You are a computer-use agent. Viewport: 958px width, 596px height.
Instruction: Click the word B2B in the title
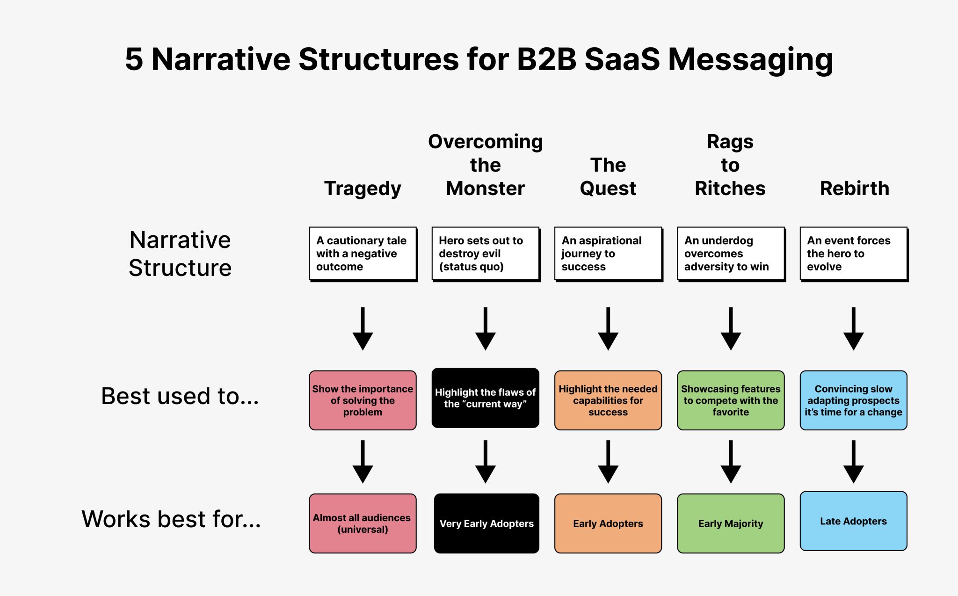point(546,60)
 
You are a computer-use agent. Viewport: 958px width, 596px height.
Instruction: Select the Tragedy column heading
point(363,189)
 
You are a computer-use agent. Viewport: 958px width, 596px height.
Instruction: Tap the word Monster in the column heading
point(485,189)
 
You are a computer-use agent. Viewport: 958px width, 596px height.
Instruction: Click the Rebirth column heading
point(854,189)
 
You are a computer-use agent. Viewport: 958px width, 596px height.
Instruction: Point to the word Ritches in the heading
point(730,189)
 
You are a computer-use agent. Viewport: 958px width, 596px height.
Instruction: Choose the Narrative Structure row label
point(180,254)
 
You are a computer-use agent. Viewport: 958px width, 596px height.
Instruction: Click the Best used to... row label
point(180,396)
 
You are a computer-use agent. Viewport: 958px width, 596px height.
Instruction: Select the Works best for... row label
point(171,519)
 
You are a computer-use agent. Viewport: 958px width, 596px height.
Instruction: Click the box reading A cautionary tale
point(363,254)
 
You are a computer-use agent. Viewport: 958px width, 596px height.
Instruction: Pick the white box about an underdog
point(731,254)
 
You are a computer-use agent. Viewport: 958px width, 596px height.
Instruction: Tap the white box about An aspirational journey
point(608,254)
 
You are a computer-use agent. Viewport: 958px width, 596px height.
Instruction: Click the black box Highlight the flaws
point(485,398)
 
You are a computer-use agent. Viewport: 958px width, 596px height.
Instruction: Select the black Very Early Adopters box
point(486,523)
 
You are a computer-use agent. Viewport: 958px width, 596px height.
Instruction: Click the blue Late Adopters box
point(853,521)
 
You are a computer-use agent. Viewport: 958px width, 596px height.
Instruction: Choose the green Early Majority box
point(731,523)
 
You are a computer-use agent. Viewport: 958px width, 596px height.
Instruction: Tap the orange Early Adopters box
point(608,523)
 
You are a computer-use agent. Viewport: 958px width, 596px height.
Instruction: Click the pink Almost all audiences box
point(363,523)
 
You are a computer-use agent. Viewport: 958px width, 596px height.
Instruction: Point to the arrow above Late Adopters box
point(853,462)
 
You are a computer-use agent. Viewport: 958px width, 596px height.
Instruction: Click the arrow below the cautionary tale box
point(363,329)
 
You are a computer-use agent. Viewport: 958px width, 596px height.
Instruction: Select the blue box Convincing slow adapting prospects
point(853,400)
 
